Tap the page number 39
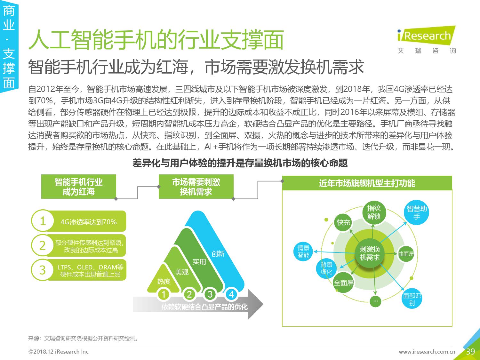click(470, 352)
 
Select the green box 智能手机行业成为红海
click(78, 187)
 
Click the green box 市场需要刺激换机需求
click(196, 187)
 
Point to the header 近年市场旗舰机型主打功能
click(367, 183)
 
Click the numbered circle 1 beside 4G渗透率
click(43, 221)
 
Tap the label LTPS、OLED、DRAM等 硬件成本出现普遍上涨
click(90, 271)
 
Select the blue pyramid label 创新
click(218, 254)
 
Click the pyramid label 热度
click(164, 282)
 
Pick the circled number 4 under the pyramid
click(231, 294)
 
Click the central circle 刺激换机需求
click(370, 253)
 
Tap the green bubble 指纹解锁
click(374, 212)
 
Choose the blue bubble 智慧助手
click(417, 212)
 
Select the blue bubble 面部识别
click(412, 299)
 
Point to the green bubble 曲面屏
click(406, 254)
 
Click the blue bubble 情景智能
click(303, 252)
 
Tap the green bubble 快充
click(344, 222)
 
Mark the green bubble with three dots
click(375, 301)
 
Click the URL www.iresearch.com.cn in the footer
click(427, 352)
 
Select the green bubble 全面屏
click(344, 283)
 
